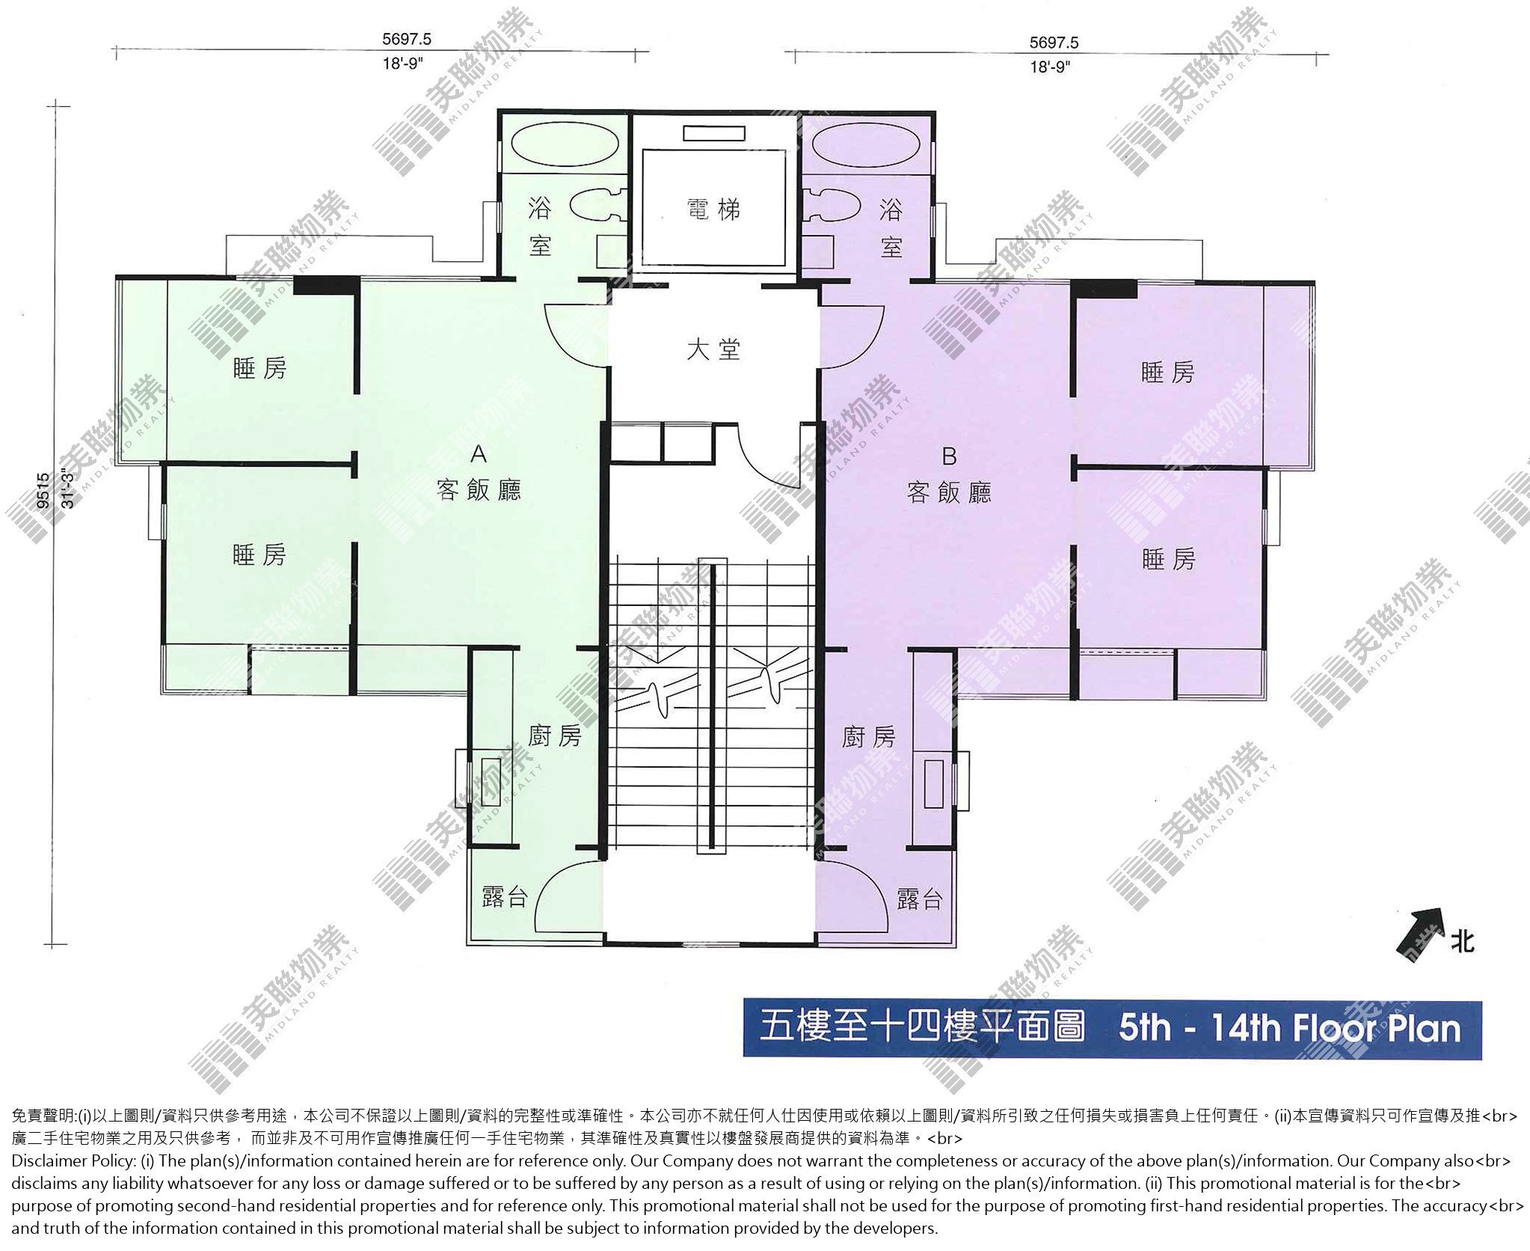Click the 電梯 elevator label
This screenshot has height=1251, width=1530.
click(x=713, y=209)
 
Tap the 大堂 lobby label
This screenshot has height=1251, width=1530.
click(x=713, y=349)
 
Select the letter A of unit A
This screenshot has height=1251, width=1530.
click(x=479, y=454)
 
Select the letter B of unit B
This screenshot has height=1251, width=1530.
click(x=949, y=456)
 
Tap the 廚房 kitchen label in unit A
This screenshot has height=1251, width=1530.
click(x=555, y=736)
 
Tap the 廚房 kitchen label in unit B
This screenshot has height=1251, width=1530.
click(x=868, y=737)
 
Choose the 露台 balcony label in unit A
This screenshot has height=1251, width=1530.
click(x=505, y=897)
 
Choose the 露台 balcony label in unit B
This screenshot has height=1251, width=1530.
click(x=919, y=899)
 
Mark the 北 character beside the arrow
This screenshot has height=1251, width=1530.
click(x=1463, y=941)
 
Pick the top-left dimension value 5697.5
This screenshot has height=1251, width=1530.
click(x=407, y=39)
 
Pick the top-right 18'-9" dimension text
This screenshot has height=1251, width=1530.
click(x=1051, y=67)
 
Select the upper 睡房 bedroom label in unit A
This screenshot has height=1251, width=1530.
click(x=259, y=368)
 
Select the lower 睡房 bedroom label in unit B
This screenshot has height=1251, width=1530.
click(x=1168, y=559)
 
